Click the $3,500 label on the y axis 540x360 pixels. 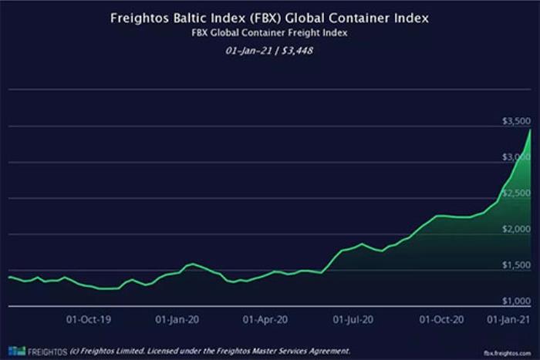[515, 122]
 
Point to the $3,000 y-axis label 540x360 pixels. [515, 157]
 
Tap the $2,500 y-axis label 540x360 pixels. [515, 193]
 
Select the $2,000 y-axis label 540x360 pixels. [515, 229]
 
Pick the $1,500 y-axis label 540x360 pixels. [515, 265]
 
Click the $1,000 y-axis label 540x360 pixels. [515, 301]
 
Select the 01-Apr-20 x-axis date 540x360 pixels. [265, 318]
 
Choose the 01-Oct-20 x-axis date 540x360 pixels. [440, 318]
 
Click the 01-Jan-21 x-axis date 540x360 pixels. [511, 318]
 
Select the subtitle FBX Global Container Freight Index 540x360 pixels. [269, 34]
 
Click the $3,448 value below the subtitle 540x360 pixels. [297, 51]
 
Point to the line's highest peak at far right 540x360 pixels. [531, 130]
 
